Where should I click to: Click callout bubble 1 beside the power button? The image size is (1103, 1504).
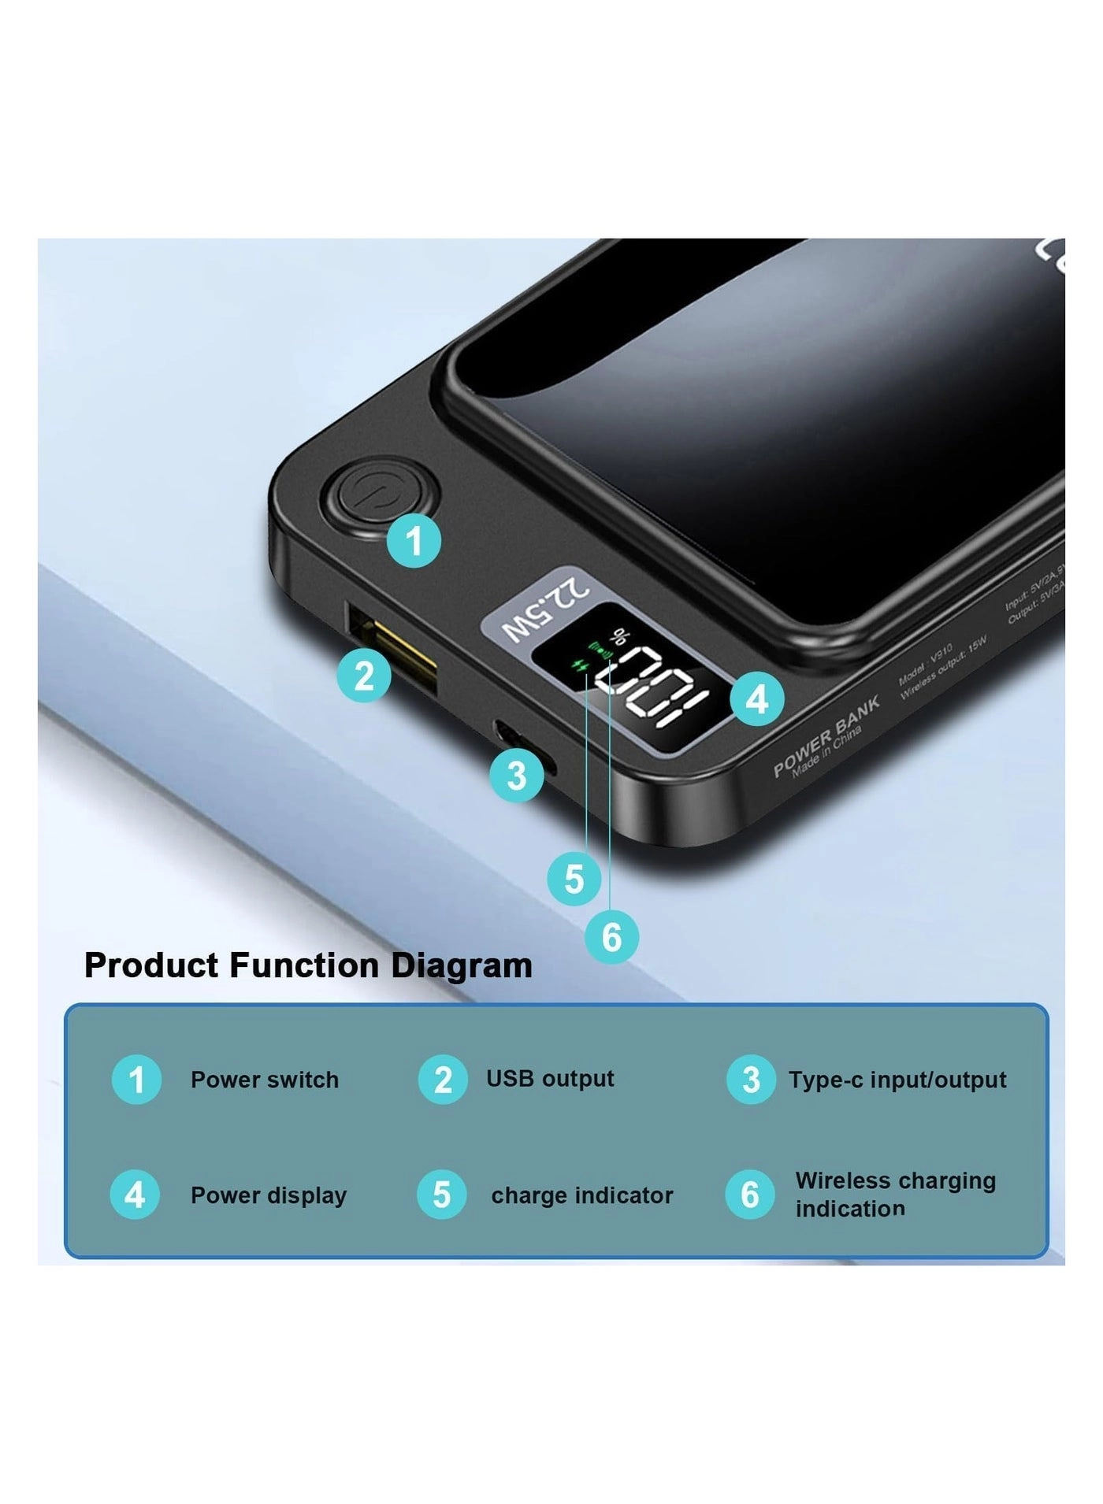tap(414, 541)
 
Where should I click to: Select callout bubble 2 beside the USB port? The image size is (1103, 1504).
tap(364, 676)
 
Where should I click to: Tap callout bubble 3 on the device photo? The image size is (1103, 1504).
tap(517, 776)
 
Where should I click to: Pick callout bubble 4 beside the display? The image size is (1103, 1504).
tap(757, 698)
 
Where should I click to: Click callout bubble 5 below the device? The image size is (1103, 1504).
tap(574, 878)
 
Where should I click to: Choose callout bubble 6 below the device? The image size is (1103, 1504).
tap(611, 937)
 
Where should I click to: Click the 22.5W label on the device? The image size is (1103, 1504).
tap(546, 609)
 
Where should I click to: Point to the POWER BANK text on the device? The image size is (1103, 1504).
tap(826, 735)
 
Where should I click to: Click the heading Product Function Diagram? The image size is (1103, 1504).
tap(308, 965)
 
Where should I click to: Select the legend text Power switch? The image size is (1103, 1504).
tap(265, 1080)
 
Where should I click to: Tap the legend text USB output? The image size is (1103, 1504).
tap(550, 1078)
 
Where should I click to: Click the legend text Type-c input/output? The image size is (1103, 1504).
tap(897, 1080)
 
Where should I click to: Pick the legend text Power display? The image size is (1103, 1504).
tap(269, 1195)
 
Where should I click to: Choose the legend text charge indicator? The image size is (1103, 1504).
tap(581, 1195)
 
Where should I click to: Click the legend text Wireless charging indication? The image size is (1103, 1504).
tap(895, 1195)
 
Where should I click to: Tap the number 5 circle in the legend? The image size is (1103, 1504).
tap(442, 1195)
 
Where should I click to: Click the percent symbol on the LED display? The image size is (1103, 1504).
tap(622, 635)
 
